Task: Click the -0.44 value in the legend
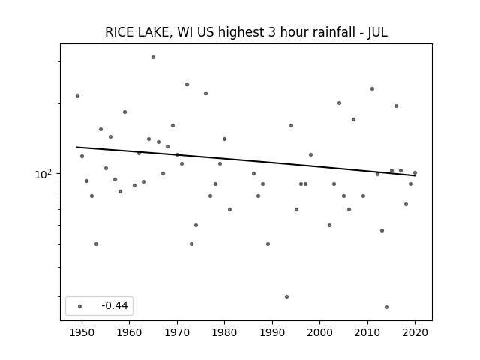click(x=115, y=305)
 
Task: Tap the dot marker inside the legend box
click(x=80, y=306)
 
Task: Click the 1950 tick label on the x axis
click(x=82, y=332)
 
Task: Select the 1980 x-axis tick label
click(x=224, y=332)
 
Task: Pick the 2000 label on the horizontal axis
click(x=319, y=332)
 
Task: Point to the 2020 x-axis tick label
click(x=415, y=332)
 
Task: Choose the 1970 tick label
click(x=177, y=332)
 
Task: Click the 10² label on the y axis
click(x=43, y=174)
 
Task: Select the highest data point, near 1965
click(x=153, y=57)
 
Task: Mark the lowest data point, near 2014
click(x=387, y=307)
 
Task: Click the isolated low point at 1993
click(x=286, y=297)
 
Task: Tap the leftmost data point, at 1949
click(x=77, y=95)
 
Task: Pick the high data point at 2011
click(x=372, y=88)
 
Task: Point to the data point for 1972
click(x=187, y=84)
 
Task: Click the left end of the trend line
click(x=76, y=147)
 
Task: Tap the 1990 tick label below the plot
click(x=272, y=332)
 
